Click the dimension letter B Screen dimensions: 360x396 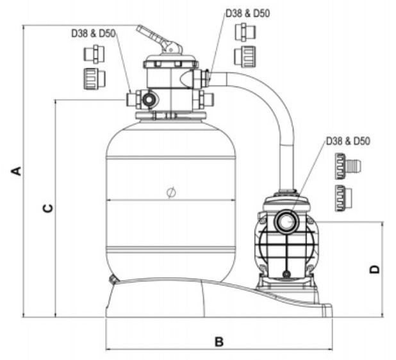click(219, 342)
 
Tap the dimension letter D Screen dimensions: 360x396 click(375, 269)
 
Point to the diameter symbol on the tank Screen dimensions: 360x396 click(170, 192)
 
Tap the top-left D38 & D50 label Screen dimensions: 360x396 click(93, 33)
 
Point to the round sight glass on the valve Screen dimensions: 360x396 click(149, 100)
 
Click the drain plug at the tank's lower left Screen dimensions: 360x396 click(113, 279)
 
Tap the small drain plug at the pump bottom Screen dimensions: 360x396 click(285, 274)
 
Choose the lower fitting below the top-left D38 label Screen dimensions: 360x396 click(94, 78)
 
